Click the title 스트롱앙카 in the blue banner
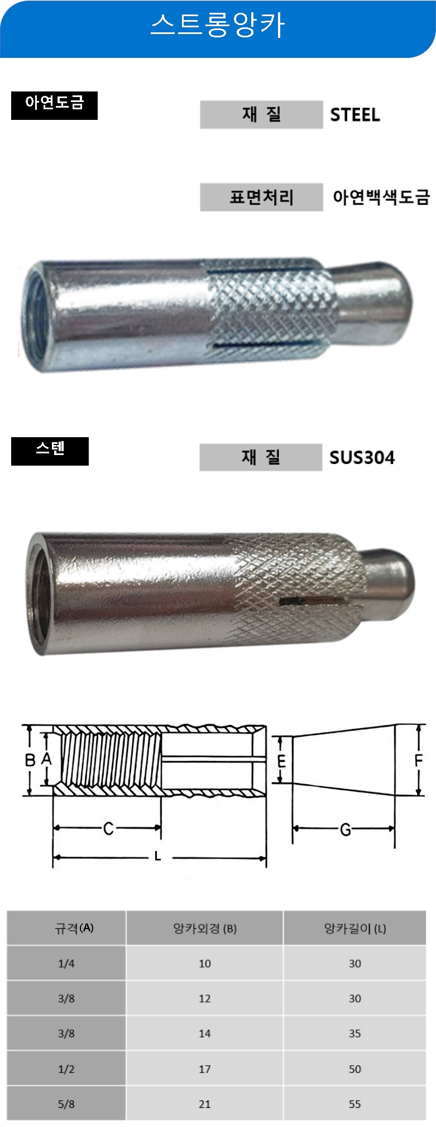pyautogui.click(x=218, y=25)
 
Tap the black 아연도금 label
pyautogui.click(x=54, y=105)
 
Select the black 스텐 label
pyautogui.click(x=50, y=451)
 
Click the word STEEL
pyautogui.click(x=355, y=115)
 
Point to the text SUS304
pyautogui.click(x=362, y=457)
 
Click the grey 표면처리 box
pyautogui.click(x=261, y=197)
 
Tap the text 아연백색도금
pyautogui.click(x=381, y=197)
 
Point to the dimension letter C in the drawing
pyautogui.click(x=108, y=829)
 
